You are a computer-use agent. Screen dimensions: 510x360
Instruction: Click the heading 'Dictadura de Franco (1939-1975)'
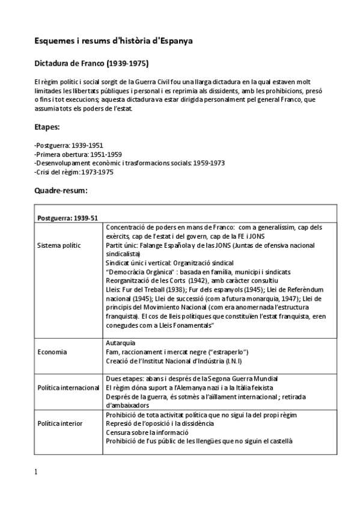coord(91,63)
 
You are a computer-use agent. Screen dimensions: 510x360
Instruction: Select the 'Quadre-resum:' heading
coord(61,190)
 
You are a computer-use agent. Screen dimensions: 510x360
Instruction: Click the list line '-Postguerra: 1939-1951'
coord(61,146)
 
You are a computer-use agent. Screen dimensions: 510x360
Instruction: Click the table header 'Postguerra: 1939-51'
coord(67,218)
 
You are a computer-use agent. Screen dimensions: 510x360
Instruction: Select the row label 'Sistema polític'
coord(59,245)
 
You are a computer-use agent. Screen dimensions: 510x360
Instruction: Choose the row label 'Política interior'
coord(60,423)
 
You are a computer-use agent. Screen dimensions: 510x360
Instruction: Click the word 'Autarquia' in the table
coord(120,342)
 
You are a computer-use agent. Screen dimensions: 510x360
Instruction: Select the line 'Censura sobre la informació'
coord(147,432)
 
